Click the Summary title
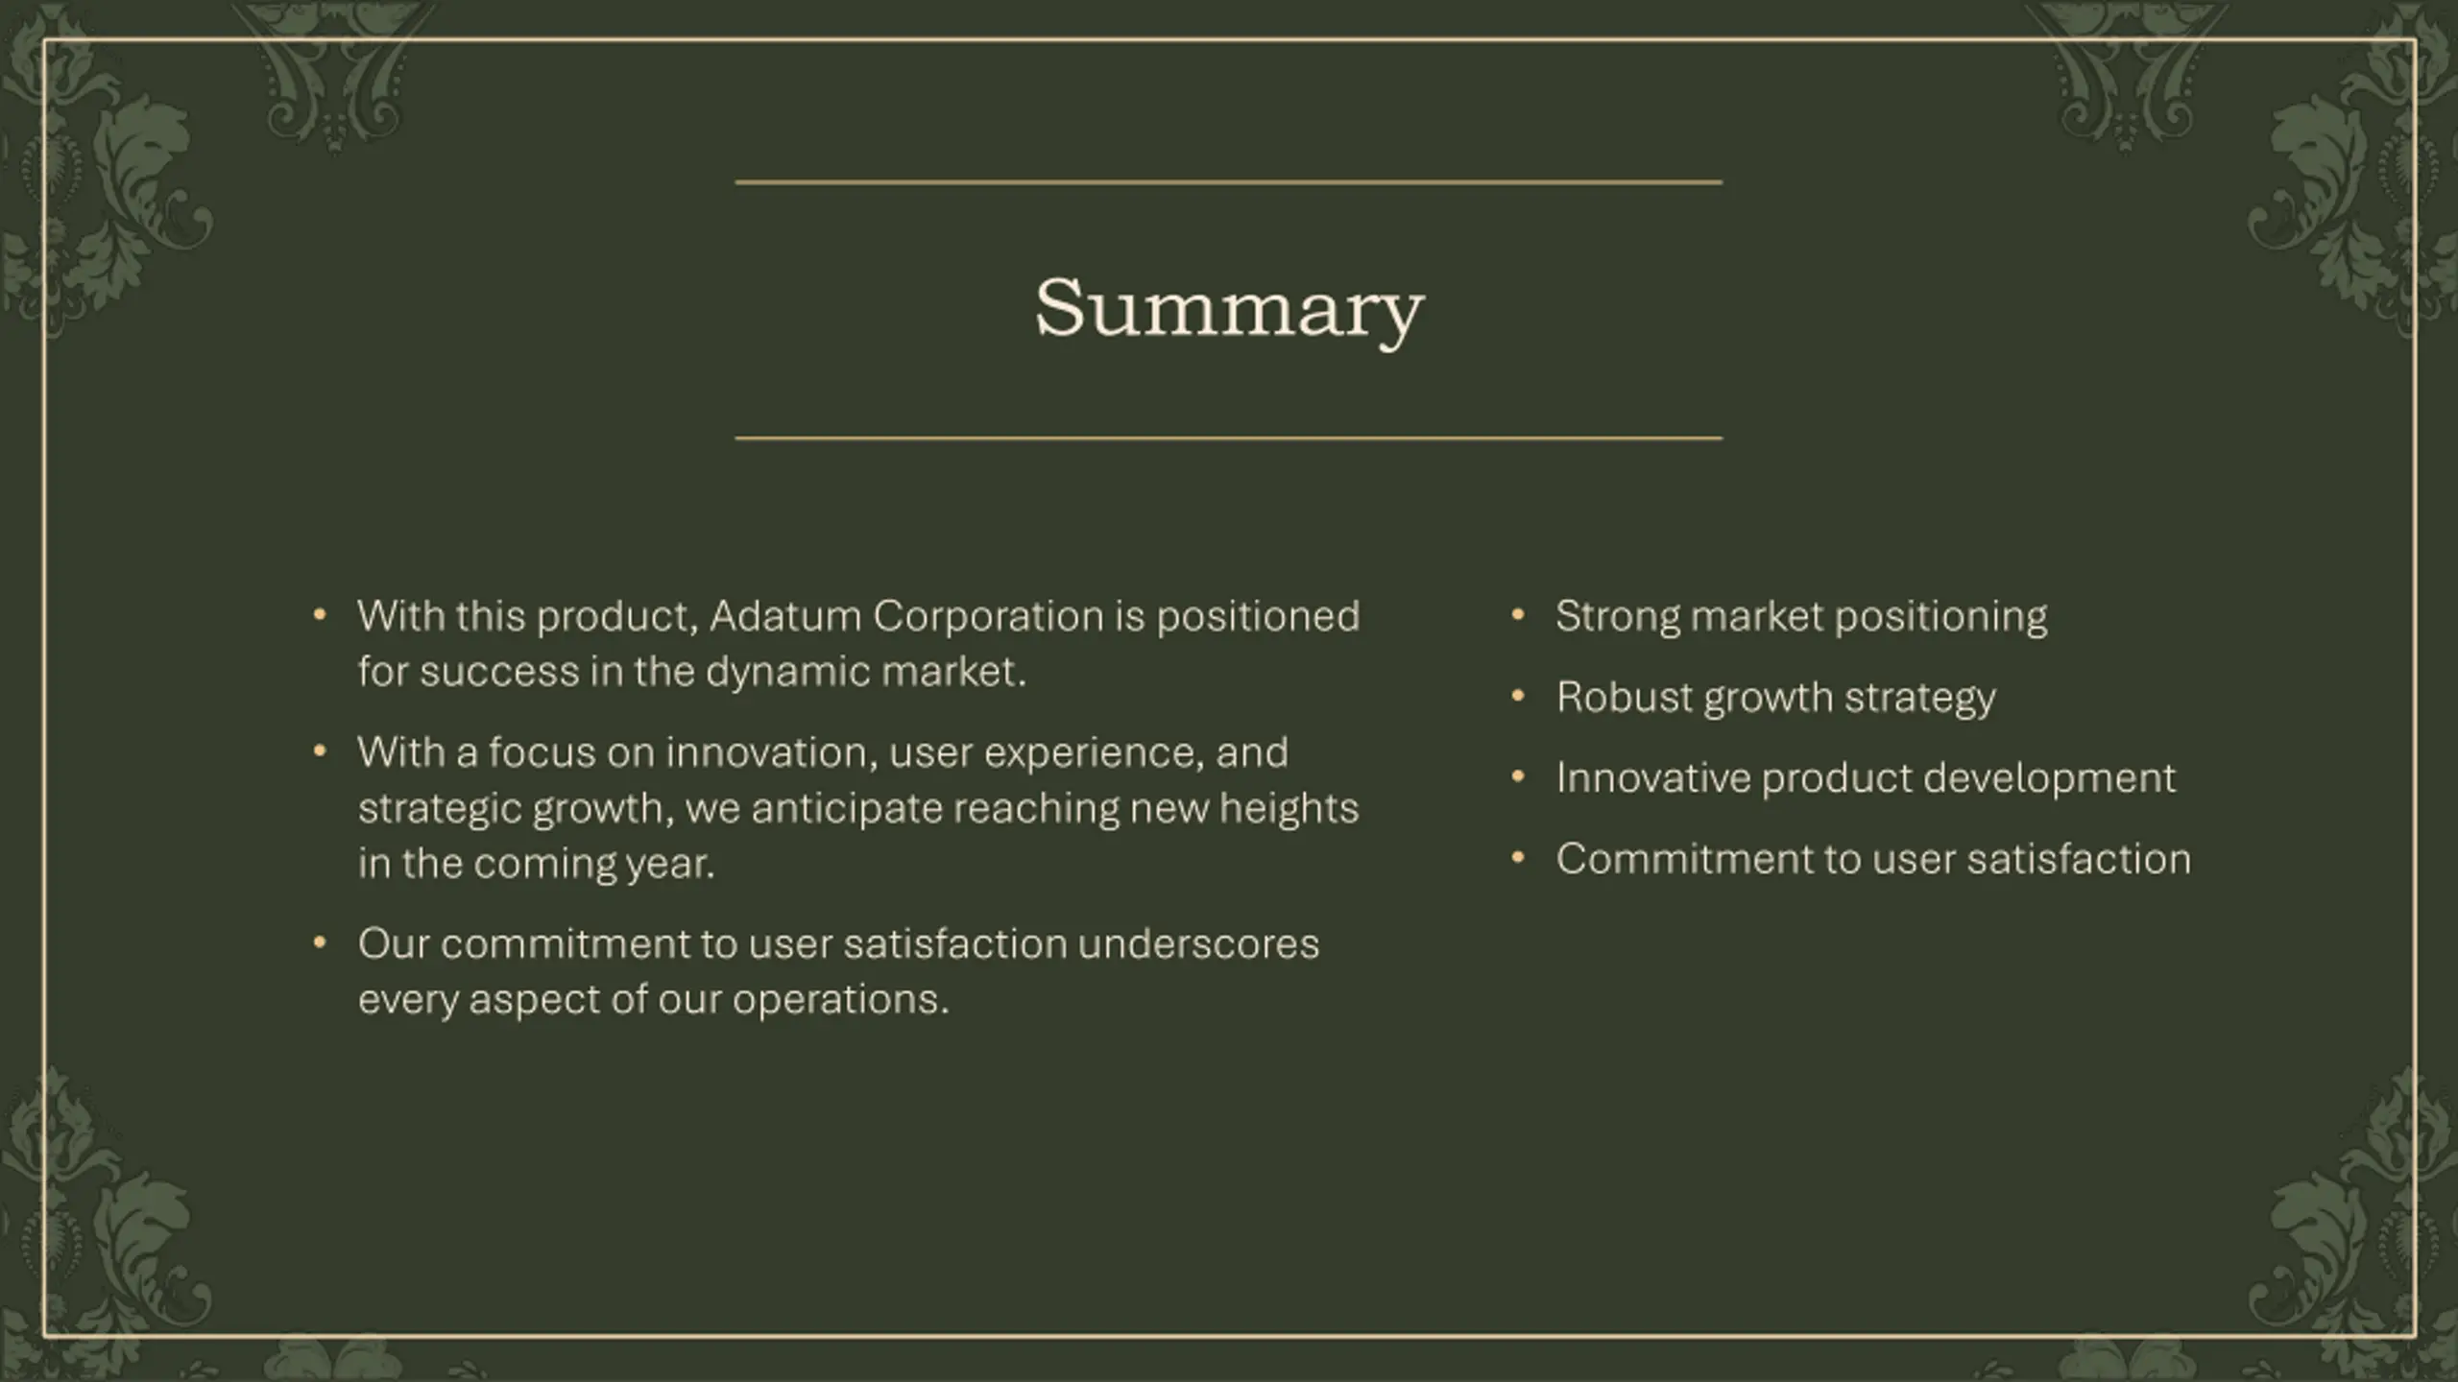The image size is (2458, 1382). [1229, 309]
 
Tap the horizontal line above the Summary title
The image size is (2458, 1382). [1229, 181]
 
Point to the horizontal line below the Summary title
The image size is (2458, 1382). [1229, 438]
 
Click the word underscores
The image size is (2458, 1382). [1198, 944]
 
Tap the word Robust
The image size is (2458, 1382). [1625, 698]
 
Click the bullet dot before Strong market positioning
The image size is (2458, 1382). [1518, 614]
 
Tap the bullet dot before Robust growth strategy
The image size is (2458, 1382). [1518, 695]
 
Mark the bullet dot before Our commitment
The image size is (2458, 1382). [320, 942]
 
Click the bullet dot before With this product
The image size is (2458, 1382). [320, 614]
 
